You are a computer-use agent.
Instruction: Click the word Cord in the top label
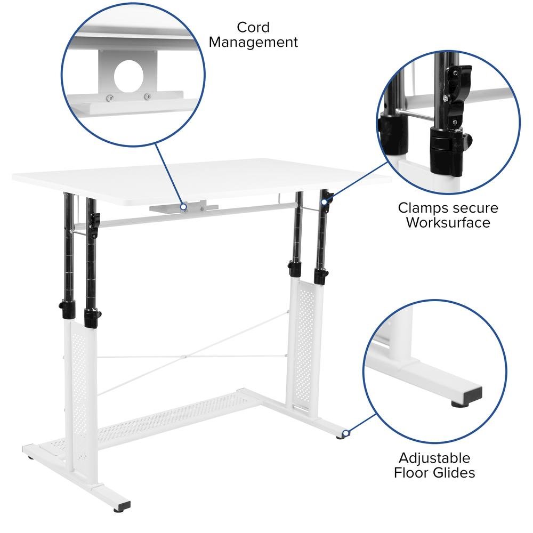(x=253, y=27)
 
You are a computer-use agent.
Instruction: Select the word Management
(x=253, y=43)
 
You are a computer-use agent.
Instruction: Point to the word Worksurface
(x=448, y=222)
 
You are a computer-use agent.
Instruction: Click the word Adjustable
(x=434, y=458)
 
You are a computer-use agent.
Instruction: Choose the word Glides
(x=453, y=472)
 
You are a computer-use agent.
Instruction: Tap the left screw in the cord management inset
(x=109, y=98)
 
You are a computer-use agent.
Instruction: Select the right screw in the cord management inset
(x=147, y=96)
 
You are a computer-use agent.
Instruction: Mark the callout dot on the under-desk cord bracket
(x=183, y=207)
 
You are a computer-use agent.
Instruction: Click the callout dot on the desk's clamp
(x=324, y=201)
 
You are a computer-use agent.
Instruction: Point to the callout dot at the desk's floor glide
(x=346, y=434)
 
